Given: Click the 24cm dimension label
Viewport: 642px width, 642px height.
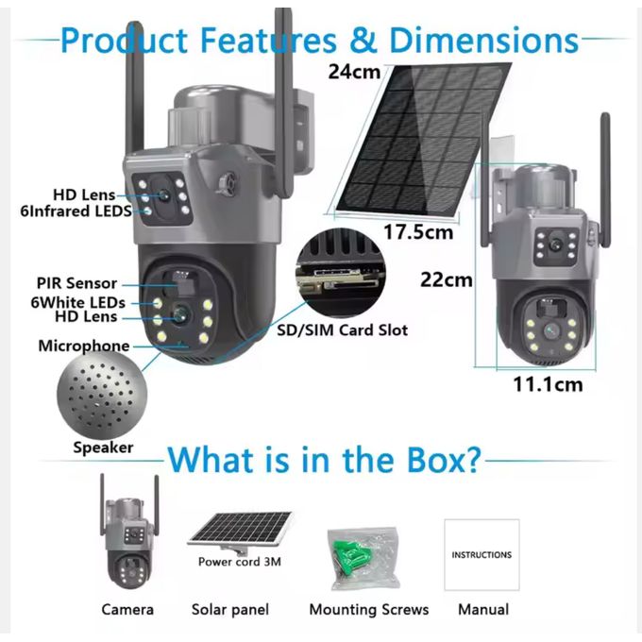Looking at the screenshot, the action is (x=354, y=72).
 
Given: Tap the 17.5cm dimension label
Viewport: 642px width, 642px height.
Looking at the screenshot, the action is (x=418, y=232).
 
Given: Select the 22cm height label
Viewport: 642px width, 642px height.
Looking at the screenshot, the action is (x=447, y=280).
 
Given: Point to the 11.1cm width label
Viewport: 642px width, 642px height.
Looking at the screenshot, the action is (x=548, y=384).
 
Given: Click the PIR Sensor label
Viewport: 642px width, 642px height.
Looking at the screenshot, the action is (x=77, y=283).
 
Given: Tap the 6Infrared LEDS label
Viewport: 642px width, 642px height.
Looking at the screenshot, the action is (x=76, y=211).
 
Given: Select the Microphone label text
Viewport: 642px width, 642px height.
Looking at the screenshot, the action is (x=84, y=346).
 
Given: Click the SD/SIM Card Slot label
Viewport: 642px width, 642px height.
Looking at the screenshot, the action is (x=343, y=330).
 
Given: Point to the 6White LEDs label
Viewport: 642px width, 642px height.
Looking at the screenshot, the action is (x=77, y=302).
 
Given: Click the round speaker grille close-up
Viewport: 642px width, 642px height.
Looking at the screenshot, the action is (x=102, y=395).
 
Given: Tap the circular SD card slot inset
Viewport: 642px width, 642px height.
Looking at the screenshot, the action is (x=341, y=272).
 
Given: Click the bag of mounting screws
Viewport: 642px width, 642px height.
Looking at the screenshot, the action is (x=363, y=559).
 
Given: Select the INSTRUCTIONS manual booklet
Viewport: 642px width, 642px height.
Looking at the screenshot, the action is (x=481, y=555).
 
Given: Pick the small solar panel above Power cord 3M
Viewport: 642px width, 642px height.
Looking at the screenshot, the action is (x=241, y=531).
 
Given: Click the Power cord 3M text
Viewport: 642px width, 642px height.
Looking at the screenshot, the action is (x=240, y=562).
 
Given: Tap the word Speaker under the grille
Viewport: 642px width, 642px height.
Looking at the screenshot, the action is (x=103, y=448).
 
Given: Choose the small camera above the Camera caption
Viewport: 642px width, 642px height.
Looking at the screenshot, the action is (x=129, y=532).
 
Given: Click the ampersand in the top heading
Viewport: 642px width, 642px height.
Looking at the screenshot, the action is (x=363, y=40).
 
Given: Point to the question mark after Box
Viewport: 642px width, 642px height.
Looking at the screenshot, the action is (x=471, y=460).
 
